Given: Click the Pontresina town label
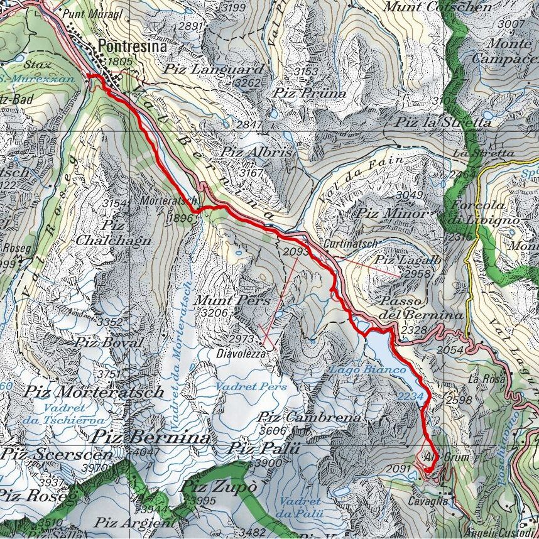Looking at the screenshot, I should (x=133, y=47).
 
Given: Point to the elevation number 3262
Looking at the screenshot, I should (x=246, y=82).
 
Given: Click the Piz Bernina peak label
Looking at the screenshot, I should (x=150, y=437).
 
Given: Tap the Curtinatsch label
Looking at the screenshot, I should (x=351, y=242).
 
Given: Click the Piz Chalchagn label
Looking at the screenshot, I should (x=113, y=232).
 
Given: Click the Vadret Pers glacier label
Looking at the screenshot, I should (x=251, y=386).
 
